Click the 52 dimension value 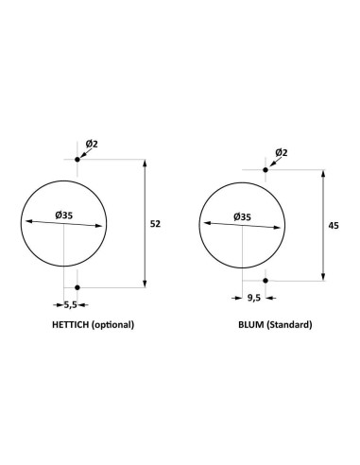[x=155, y=224]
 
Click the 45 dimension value [x=334, y=226]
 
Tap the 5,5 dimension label [x=71, y=304]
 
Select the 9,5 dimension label [x=254, y=298]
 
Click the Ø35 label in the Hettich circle [x=64, y=215]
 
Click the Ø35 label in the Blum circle [x=243, y=217]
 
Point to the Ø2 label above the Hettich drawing [x=92, y=144]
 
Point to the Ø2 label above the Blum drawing [x=282, y=153]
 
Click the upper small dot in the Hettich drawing [x=77, y=160]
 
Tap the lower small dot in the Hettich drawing [x=77, y=287]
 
